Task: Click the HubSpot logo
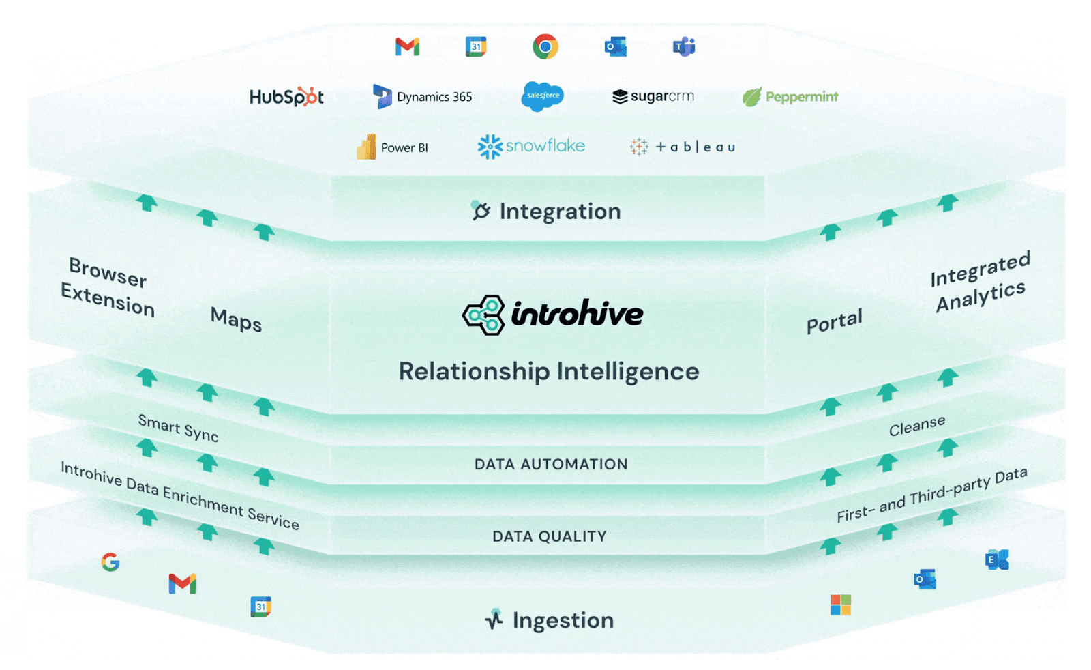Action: pyautogui.click(x=286, y=97)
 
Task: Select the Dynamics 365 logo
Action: pyautogui.click(x=423, y=97)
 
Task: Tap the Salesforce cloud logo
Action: pyautogui.click(x=543, y=96)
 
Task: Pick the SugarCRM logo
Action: pyautogui.click(x=653, y=96)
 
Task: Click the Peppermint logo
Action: pyautogui.click(x=790, y=97)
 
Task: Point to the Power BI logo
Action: pyautogui.click(x=392, y=147)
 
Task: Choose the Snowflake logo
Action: pyautogui.click(x=531, y=146)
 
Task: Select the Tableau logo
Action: pyautogui.click(x=682, y=147)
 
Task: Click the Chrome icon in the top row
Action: pyautogui.click(x=545, y=46)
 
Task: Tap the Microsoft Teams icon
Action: pyautogui.click(x=683, y=46)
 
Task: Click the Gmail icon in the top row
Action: pyautogui.click(x=407, y=46)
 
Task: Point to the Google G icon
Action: pyautogui.click(x=110, y=562)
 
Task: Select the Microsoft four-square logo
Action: pyautogui.click(x=840, y=605)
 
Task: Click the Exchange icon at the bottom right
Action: pyautogui.click(x=996, y=559)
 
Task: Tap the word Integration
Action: pyautogui.click(x=559, y=212)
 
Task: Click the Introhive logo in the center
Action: pyautogui.click(x=552, y=315)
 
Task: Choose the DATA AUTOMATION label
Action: pyautogui.click(x=551, y=465)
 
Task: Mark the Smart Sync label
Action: pyautogui.click(x=178, y=428)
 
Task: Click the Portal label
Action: pyautogui.click(x=834, y=321)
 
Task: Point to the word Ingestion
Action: pyautogui.click(x=563, y=620)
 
